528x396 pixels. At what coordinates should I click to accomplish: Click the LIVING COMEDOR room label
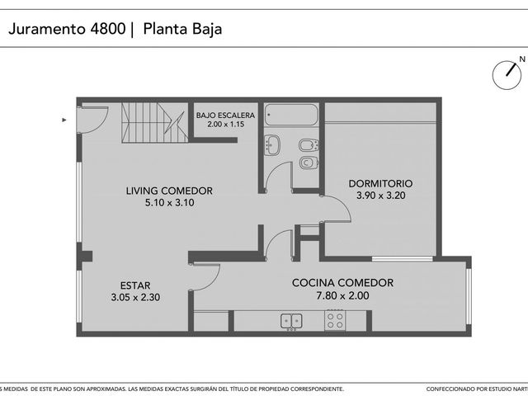click(x=169, y=191)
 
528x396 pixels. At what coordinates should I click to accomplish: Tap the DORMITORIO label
click(x=380, y=183)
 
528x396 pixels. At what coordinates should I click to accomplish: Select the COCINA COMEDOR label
click(x=342, y=282)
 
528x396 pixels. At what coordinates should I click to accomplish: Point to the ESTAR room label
click(x=135, y=285)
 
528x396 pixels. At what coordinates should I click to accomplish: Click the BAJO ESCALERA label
click(x=225, y=115)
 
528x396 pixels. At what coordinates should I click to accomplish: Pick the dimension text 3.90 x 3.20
click(x=381, y=196)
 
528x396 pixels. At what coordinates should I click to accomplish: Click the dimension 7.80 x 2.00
click(x=342, y=295)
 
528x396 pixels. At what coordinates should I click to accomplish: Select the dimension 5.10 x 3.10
click(x=170, y=203)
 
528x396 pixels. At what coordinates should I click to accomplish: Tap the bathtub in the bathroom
click(x=291, y=115)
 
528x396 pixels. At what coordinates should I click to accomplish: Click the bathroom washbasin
click(x=272, y=145)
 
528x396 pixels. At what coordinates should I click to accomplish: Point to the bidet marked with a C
click(x=308, y=163)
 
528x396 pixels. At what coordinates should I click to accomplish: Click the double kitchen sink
click(x=291, y=321)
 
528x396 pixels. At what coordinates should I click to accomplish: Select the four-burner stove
click(x=335, y=320)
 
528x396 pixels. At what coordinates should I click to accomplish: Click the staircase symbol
click(x=155, y=123)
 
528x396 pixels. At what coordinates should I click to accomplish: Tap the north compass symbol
click(x=507, y=74)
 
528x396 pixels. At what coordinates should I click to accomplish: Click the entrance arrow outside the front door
click(x=64, y=120)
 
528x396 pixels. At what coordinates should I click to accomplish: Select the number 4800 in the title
click(x=108, y=29)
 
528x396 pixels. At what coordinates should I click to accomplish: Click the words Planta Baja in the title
click(x=182, y=29)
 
